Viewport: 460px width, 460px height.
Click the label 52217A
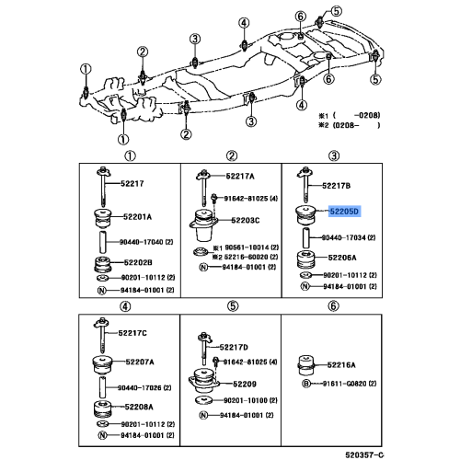pyautogui.click(x=241, y=174)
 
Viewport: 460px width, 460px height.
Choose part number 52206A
pyautogui.click(x=346, y=259)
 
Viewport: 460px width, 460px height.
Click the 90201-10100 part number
pyautogui.click(x=248, y=401)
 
